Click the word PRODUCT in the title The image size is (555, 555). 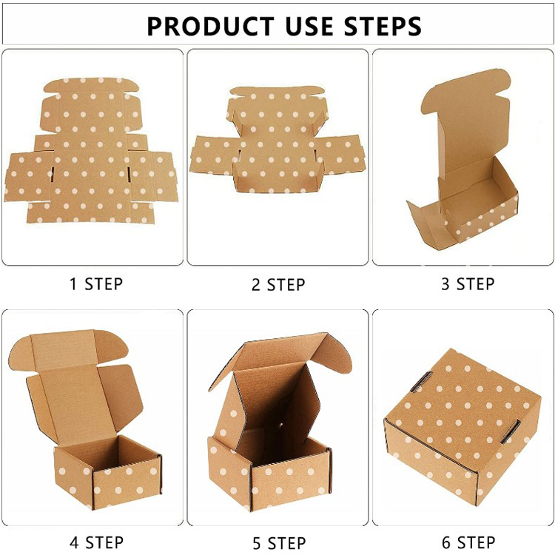[x=212, y=26]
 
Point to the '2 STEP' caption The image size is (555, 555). [x=278, y=285]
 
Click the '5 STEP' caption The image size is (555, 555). [x=279, y=543]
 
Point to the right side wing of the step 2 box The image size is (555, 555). [x=342, y=155]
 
